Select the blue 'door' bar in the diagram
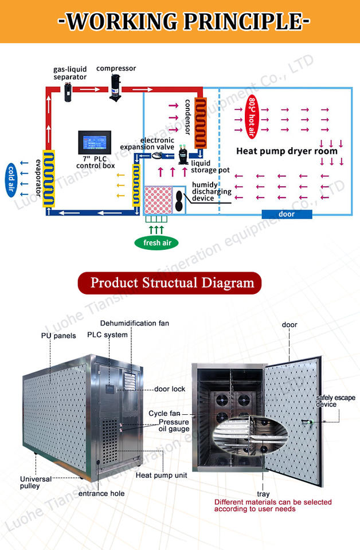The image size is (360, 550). (x=287, y=214)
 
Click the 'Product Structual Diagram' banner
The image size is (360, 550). (x=172, y=283)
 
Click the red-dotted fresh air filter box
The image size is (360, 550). (x=158, y=201)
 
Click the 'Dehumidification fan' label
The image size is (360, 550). (x=134, y=323)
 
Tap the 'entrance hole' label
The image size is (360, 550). (x=101, y=493)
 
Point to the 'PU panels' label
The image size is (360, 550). (x=58, y=336)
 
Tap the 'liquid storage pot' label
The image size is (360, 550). (x=211, y=167)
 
